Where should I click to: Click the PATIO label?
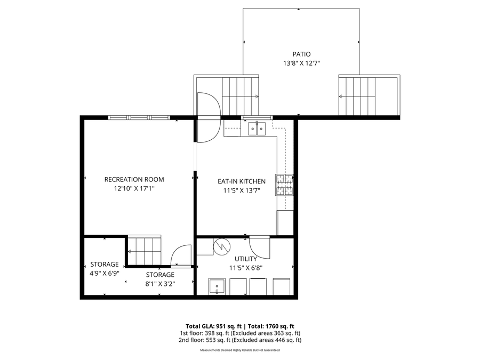301,54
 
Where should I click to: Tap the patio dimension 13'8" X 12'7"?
301,63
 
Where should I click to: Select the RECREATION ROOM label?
134,179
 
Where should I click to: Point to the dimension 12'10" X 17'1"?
134,189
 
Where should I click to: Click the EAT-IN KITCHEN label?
241,181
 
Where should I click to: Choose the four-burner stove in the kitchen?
284,185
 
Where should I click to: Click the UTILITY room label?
246,259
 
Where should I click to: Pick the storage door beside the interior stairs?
181,255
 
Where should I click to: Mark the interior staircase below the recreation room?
144,250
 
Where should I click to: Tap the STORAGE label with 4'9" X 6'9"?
104,264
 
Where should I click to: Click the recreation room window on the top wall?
139,117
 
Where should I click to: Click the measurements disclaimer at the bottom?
240,350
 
